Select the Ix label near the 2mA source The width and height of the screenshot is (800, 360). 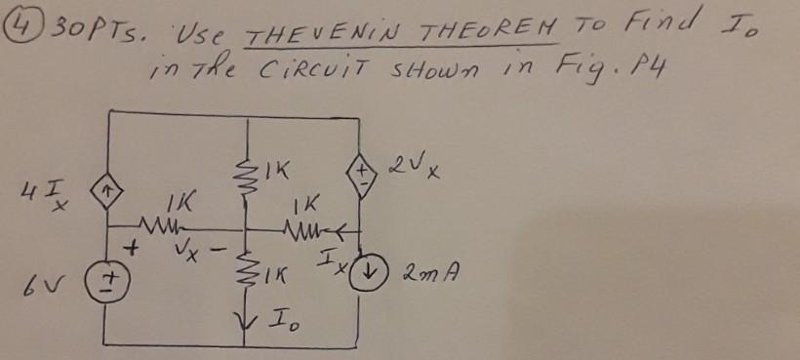330,260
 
